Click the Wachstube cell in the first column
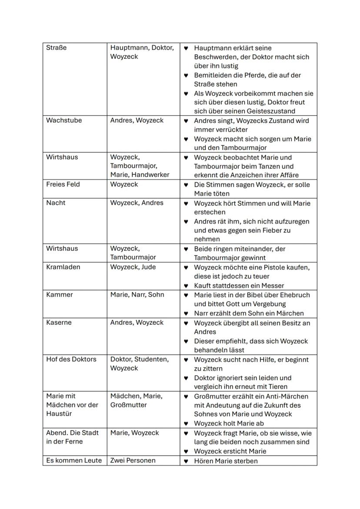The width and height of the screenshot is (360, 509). pos(64,120)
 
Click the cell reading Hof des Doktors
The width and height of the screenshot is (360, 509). pos(71,359)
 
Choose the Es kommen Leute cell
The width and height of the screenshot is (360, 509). pos(74,460)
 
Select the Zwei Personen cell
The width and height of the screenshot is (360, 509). pos(133,460)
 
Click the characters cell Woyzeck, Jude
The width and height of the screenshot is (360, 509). pos(133,267)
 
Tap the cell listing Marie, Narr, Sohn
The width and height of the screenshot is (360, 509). pos(137,295)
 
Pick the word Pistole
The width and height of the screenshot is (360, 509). pos(273,267)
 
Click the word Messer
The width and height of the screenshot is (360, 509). pos(273,286)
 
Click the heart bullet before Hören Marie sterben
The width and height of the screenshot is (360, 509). pos(186,461)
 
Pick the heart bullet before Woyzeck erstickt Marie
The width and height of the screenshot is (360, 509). pos(186,451)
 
